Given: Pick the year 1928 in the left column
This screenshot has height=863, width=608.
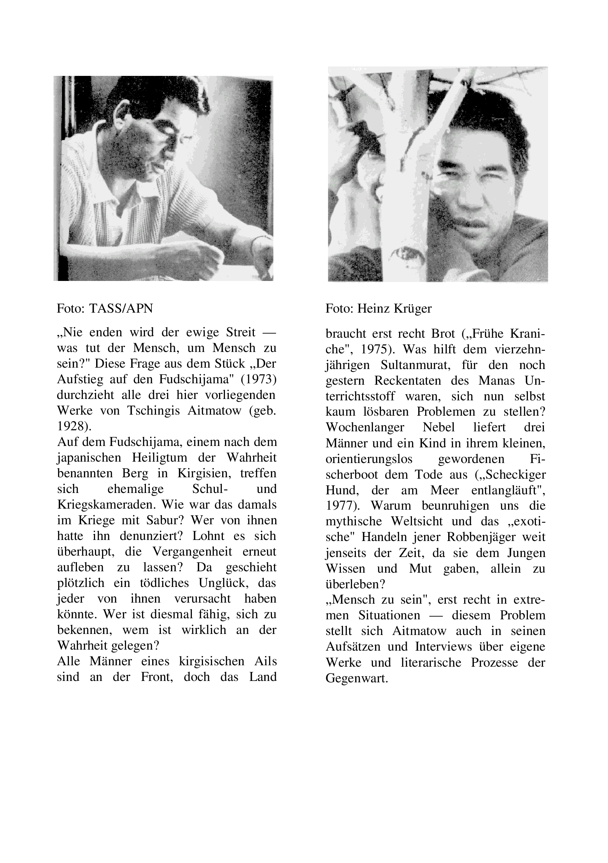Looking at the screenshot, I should point(73,426).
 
